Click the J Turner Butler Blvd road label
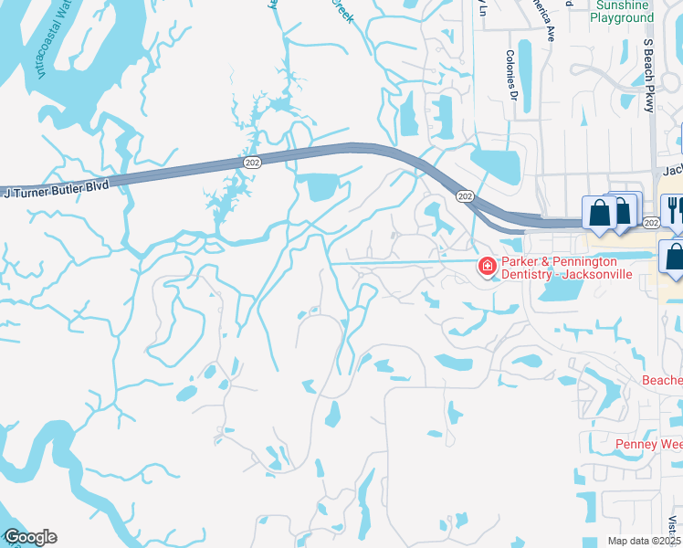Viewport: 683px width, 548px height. coord(56,190)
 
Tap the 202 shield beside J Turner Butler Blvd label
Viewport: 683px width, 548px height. coord(252,162)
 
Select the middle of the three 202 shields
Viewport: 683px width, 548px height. coord(465,196)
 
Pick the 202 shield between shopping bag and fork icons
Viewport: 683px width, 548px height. coord(650,222)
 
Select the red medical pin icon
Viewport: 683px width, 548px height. coord(488,266)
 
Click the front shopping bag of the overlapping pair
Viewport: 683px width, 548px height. coord(599,214)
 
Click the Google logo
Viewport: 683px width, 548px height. coord(29,537)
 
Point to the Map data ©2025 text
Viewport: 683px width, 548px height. coord(645,541)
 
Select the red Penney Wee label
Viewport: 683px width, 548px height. coord(649,445)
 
